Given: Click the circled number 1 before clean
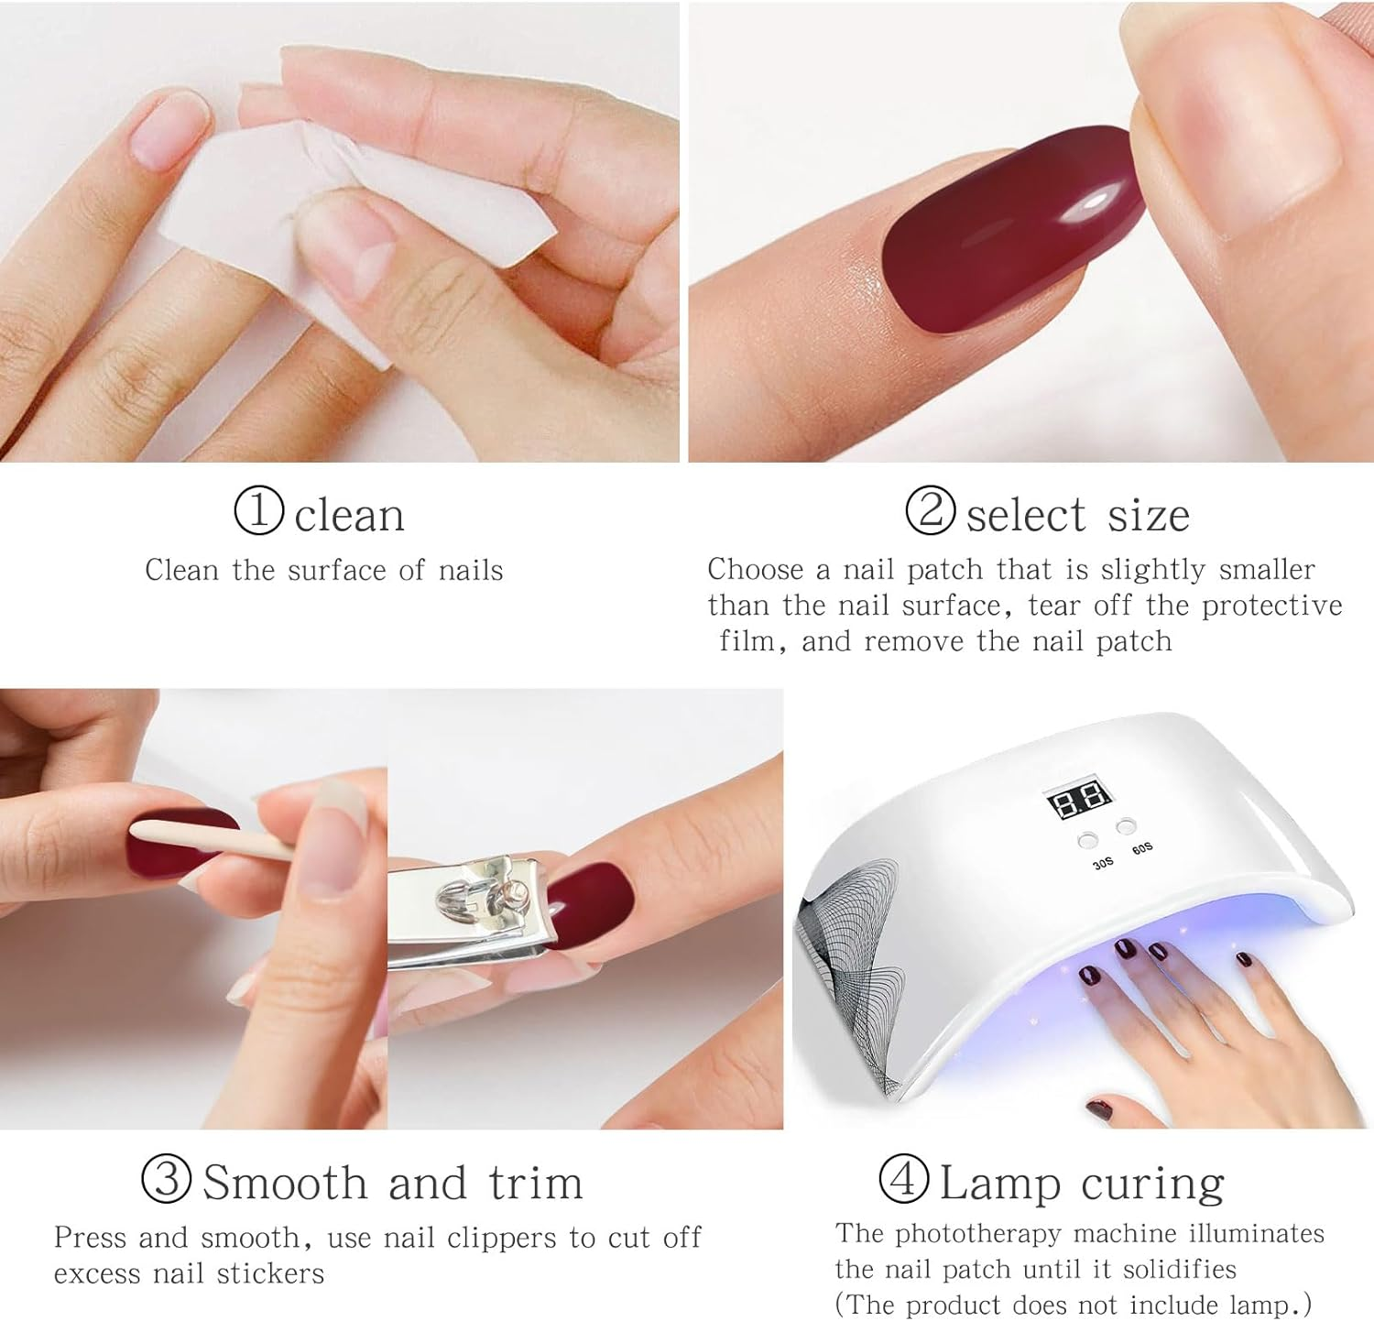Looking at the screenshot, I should pyautogui.click(x=259, y=511).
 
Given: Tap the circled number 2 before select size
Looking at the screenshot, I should pyautogui.click(x=931, y=510).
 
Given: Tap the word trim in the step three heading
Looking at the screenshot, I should pyautogui.click(x=536, y=1183).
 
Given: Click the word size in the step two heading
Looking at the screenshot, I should pyautogui.click(x=1149, y=515).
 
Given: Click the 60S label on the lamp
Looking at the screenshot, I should pyautogui.click(x=1142, y=849).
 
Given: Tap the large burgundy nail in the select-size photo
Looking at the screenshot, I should pyautogui.click(x=1012, y=224).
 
